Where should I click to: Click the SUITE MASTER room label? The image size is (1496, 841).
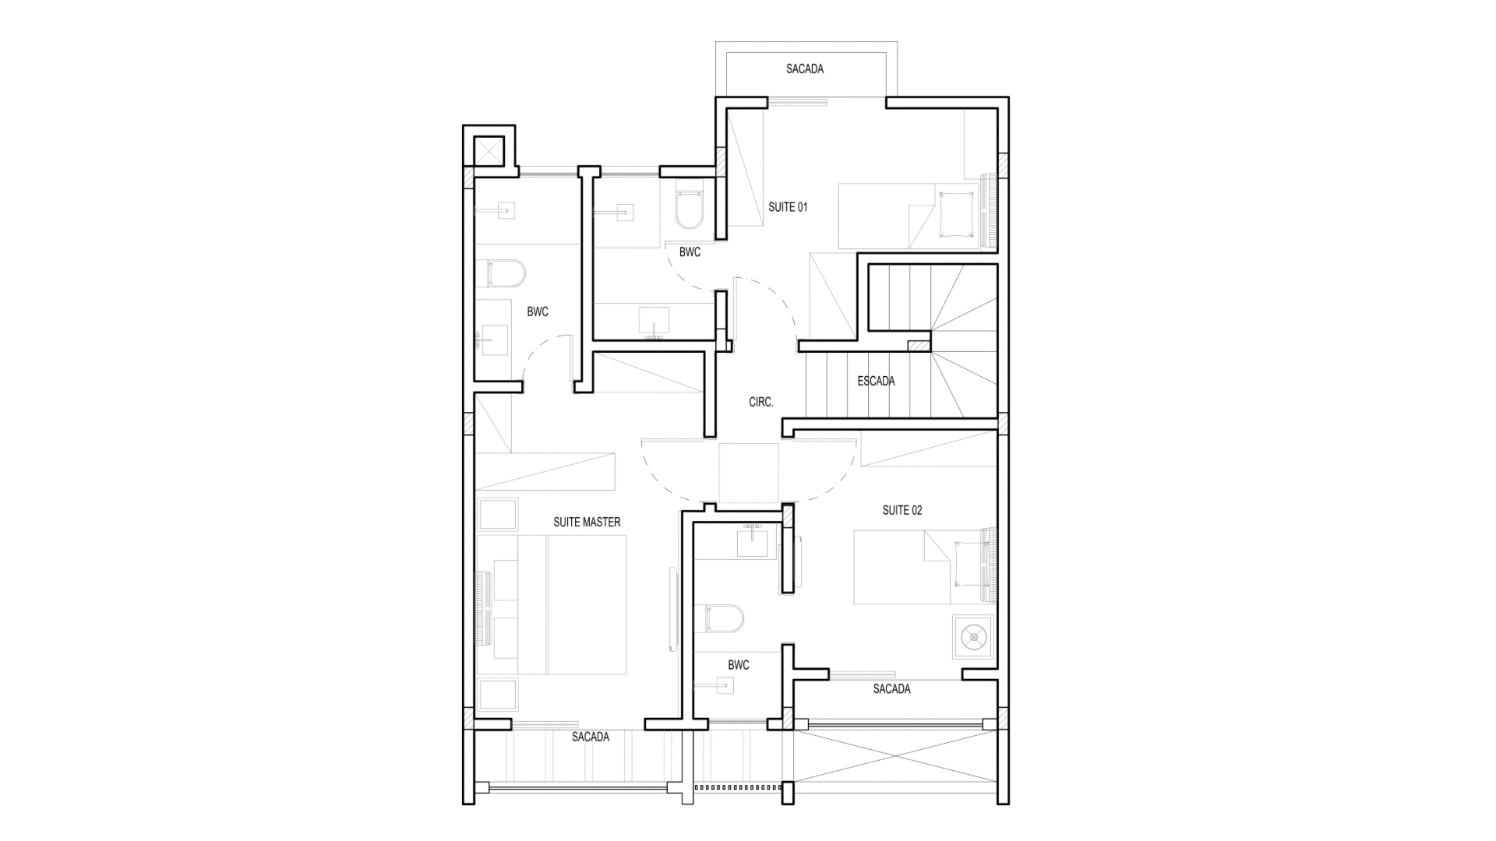click(x=587, y=522)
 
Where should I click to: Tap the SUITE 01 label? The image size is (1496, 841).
click(x=788, y=207)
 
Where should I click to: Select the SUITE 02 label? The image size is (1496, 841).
click(x=902, y=510)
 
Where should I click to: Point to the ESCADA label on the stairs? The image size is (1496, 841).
click(x=876, y=381)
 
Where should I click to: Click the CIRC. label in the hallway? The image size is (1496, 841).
click(x=761, y=402)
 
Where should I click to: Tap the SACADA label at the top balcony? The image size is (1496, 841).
click(x=805, y=69)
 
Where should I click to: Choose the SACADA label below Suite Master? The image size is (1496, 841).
click(x=591, y=737)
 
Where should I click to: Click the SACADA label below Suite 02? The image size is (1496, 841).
click(x=891, y=688)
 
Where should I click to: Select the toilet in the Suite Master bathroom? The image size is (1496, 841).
click(x=506, y=273)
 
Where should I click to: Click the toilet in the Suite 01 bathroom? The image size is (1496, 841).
click(x=690, y=206)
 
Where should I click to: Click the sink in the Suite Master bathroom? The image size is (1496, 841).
click(x=492, y=340)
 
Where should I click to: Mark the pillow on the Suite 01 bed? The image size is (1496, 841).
click(x=956, y=214)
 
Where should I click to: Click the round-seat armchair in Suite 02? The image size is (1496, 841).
click(x=973, y=637)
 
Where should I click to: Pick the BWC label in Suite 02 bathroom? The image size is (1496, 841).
click(x=739, y=665)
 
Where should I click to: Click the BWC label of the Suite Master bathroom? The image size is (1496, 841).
click(x=538, y=311)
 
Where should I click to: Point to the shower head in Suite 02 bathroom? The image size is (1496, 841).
click(x=725, y=685)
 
